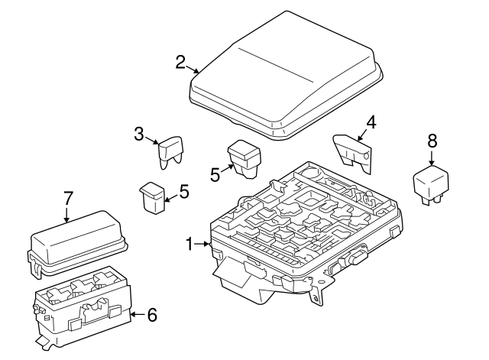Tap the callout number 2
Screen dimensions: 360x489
(180, 62)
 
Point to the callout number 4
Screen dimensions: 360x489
(371, 122)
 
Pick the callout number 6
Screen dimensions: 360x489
(151, 313)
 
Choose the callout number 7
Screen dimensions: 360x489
(67, 197)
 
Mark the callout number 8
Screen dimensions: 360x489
(432, 140)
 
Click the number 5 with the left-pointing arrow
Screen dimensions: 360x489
(183, 190)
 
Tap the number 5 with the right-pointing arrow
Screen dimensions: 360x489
(215, 174)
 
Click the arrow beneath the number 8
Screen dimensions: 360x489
(432, 158)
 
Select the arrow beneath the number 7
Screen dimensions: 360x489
(67, 215)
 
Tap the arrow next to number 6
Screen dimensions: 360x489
(136, 313)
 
